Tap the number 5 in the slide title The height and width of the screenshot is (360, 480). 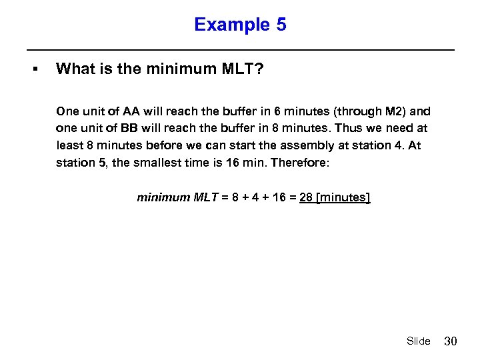click(281, 25)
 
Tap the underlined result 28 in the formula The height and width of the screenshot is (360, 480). click(307, 197)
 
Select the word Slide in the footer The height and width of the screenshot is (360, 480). click(419, 341)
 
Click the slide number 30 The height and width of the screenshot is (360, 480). click(451, 341)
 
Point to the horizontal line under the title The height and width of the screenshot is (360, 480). click(240, 50)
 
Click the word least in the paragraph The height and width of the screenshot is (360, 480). click(69, 145)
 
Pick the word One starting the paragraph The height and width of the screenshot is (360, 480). click(68, 111)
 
